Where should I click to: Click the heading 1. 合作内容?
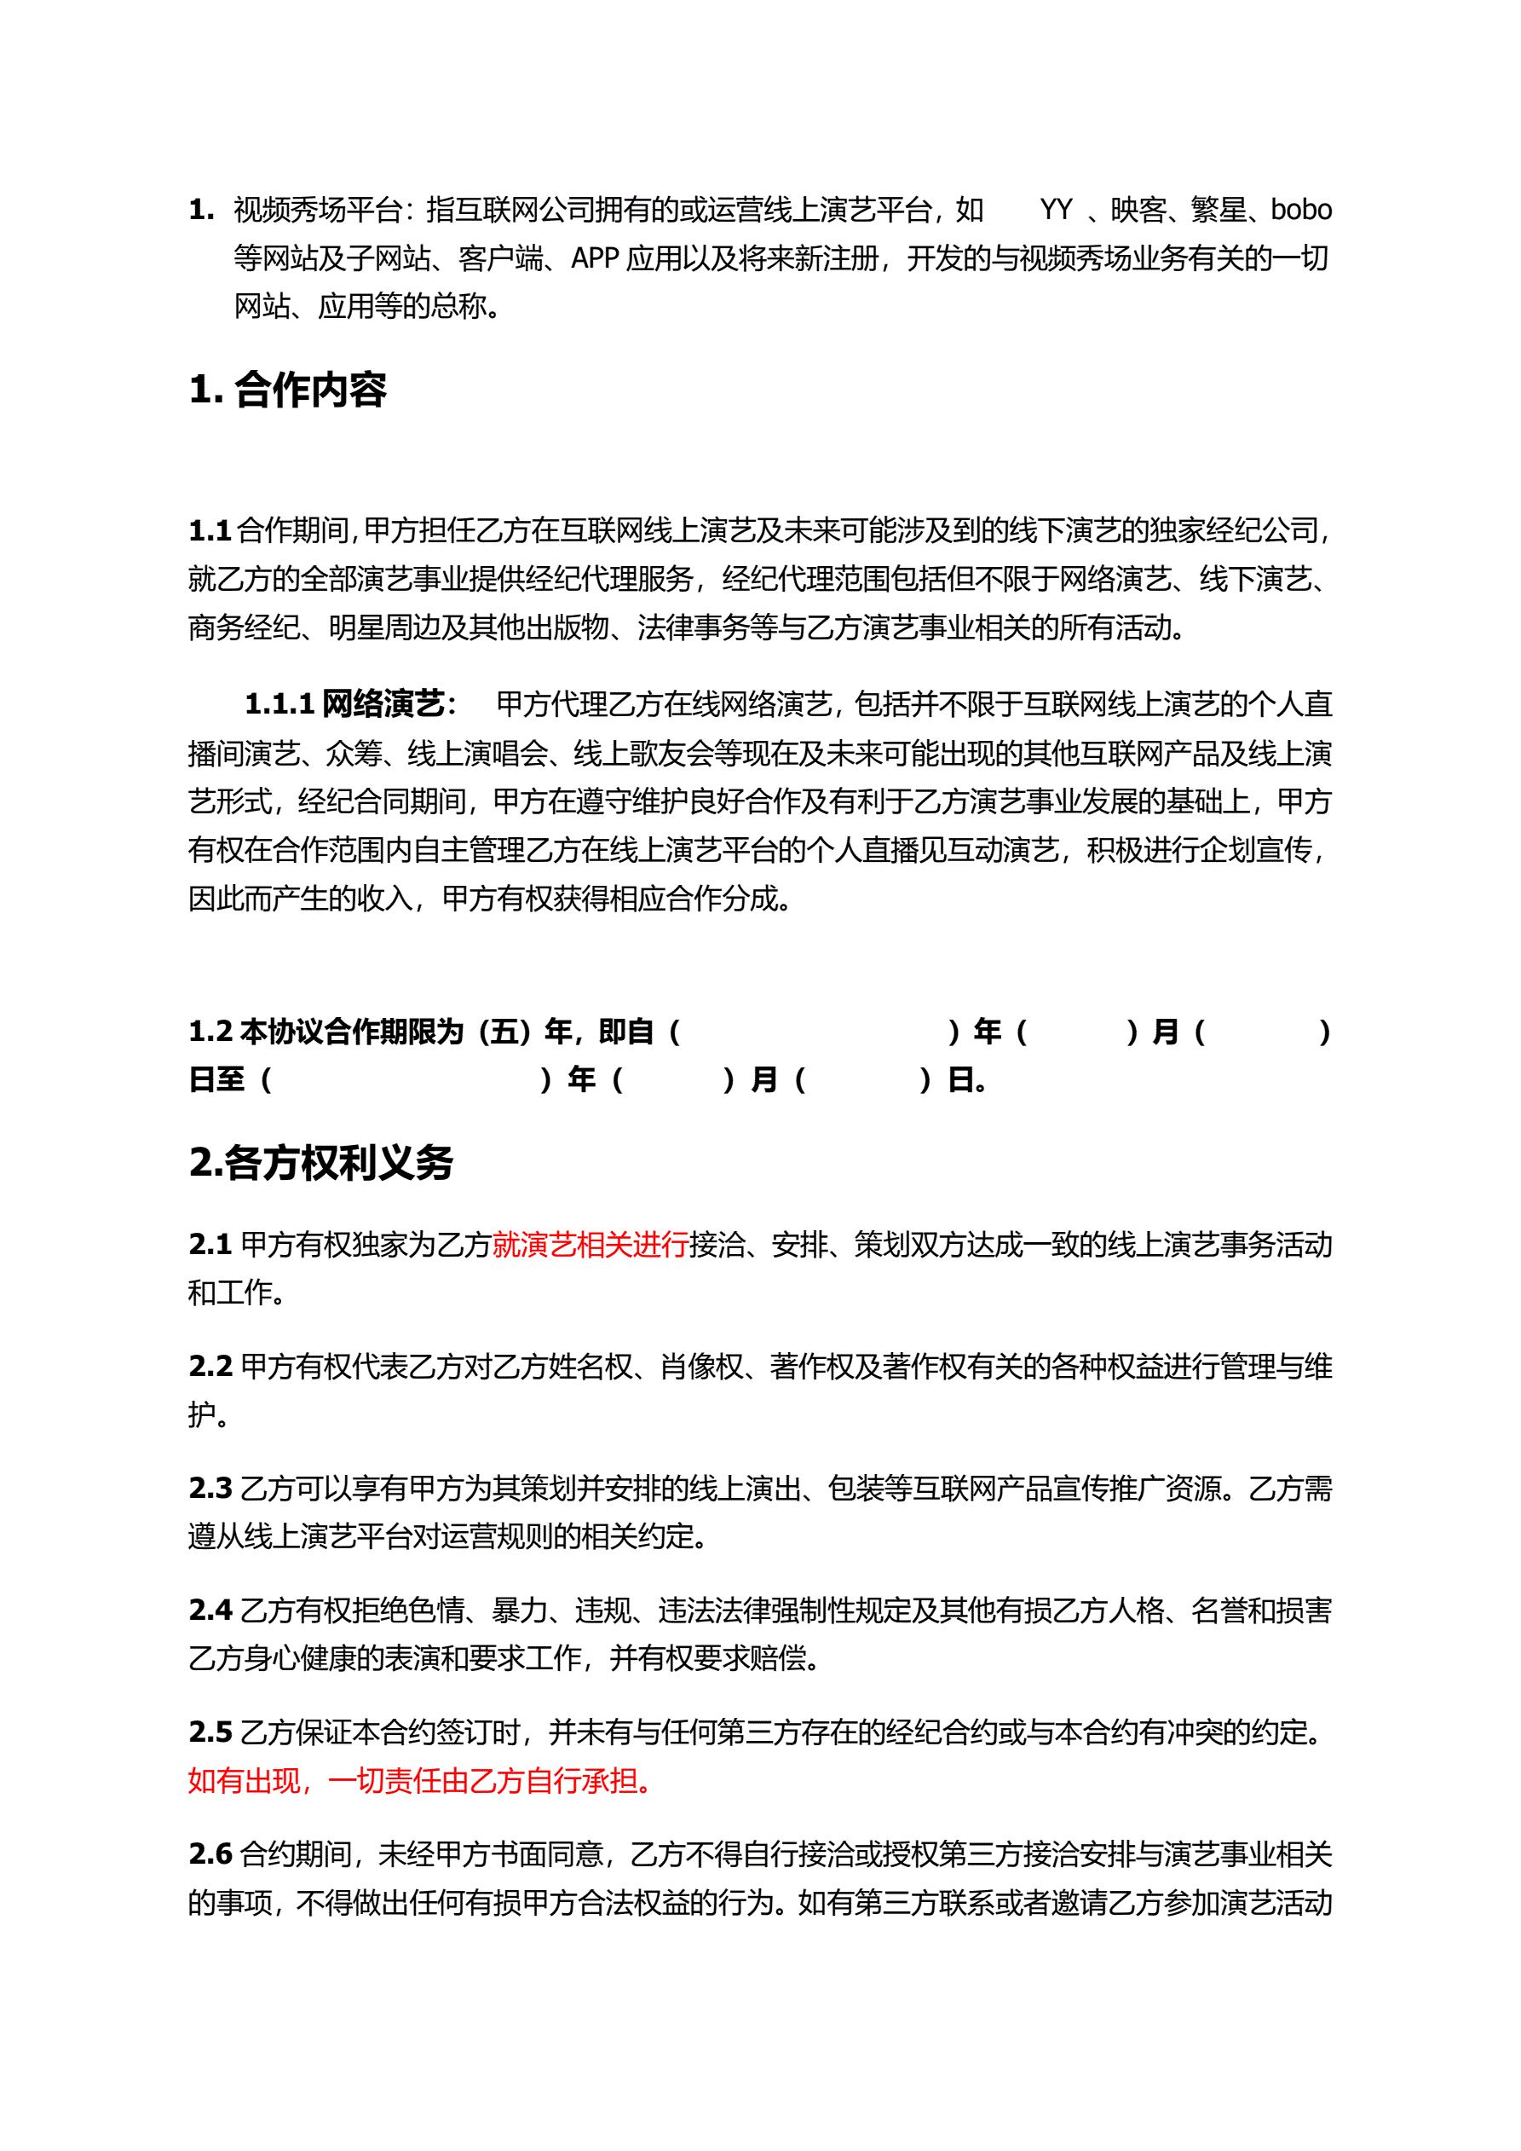pos(286,390)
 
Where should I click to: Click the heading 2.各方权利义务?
pos(320,1163)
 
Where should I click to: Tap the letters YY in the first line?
pos(1056,210)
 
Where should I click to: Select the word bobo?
pos(1300,210)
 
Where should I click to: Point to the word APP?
pos(595,258)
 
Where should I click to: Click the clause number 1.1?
pos(210,531)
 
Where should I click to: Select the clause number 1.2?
pos(210,1032)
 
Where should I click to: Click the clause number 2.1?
pos(210,1244)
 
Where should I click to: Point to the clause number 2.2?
pos(210,1366)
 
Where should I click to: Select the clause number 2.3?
pos(210,1488)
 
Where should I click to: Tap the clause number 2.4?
pos(210,1610)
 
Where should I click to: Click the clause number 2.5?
pos(210,1732)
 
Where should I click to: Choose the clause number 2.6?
pos(210,1853)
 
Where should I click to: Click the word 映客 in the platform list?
pos(1138,210)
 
